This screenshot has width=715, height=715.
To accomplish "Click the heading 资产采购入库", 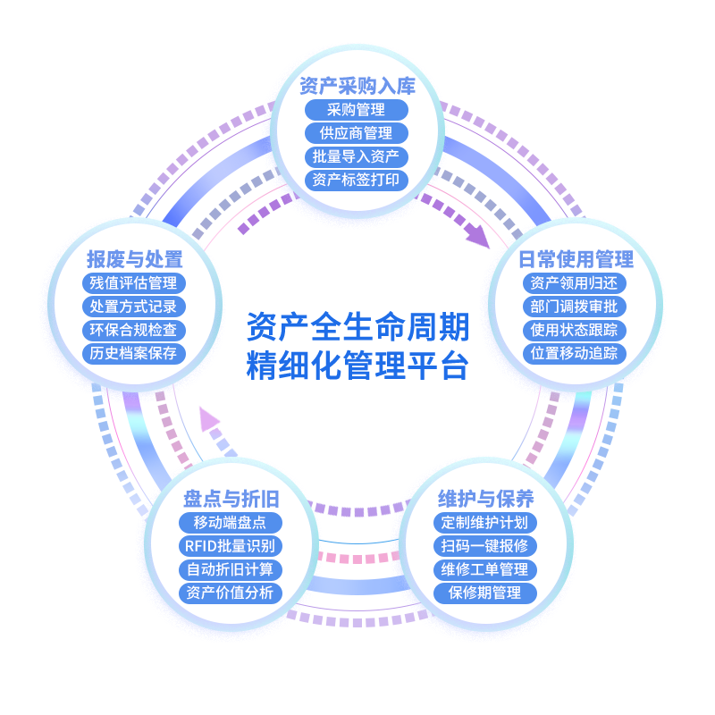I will click(x=357, y=87).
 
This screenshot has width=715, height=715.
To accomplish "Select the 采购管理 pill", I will click(x=357, y=110).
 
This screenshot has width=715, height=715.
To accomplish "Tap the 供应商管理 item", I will click(x=357, y=133).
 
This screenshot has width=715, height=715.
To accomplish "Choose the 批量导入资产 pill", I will click(x=357, y=156).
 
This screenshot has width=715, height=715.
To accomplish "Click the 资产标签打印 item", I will click(x=357, y=180).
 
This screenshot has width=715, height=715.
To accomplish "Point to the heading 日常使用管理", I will click(x=576, y=259).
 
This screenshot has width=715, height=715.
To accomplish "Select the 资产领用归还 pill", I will click(x=574, y=283).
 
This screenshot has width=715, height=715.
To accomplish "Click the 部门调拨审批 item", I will click(x=574, y=307).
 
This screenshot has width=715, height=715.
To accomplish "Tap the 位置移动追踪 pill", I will click(x=574, y=353).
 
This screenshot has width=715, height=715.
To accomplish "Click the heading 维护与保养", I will click(x=485, y=499).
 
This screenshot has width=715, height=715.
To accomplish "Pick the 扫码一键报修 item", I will click(x=485, y=546).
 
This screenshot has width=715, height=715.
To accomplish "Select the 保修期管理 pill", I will click(x=485, y=593).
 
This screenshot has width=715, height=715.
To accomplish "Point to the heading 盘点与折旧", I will click(x=231, y=499).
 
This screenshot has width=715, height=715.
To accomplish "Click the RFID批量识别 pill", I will click(x=231, y=546).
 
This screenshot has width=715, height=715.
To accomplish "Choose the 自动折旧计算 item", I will click(x=231, y=569).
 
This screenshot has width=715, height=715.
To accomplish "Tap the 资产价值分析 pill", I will click(x=231, y=593).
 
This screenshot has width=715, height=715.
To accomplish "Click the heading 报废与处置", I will click(x=134, y=259).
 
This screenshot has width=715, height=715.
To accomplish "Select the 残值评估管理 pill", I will click(x=134, y=283).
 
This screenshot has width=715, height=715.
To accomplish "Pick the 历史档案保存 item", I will click(x=134, y=353).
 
